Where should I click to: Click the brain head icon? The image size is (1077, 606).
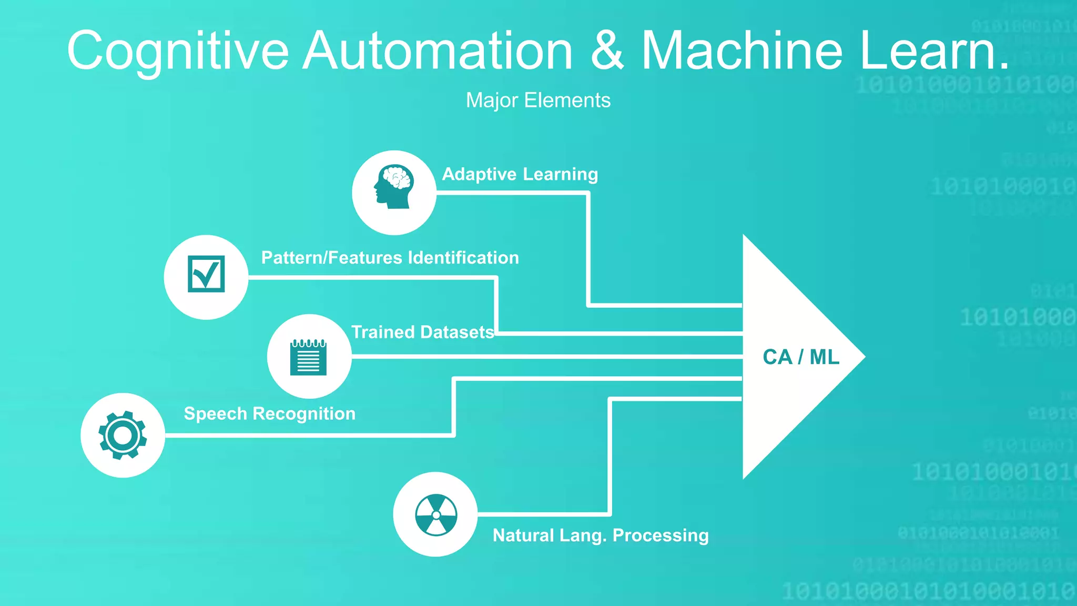394,187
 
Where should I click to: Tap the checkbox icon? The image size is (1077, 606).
206,274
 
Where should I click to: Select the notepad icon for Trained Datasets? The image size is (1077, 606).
309,357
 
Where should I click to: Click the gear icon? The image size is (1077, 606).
123,435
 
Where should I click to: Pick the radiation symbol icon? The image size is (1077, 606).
436,514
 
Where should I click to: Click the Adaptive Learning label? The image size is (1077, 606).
520,174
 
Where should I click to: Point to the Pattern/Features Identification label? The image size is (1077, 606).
390,258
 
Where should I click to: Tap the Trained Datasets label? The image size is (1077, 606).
422,332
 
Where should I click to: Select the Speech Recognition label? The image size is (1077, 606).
269,413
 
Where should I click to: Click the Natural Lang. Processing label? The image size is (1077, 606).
601,535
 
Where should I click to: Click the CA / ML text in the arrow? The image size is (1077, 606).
800,357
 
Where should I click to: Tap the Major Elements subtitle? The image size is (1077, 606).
538,100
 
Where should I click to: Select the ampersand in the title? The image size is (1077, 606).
607,50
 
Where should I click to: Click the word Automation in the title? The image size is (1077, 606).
438,50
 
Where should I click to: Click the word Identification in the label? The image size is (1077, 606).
463,258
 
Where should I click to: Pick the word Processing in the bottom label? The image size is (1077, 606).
661,535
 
